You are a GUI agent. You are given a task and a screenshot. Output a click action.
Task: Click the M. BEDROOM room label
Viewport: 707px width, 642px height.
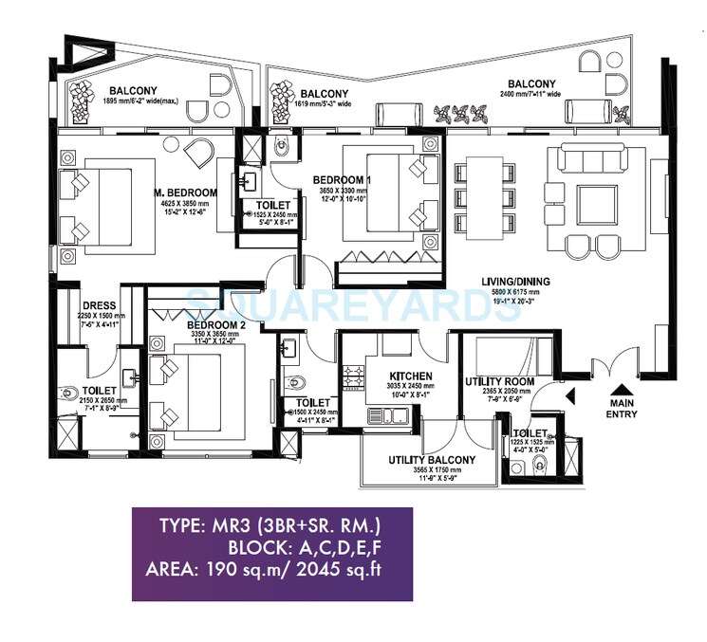pyautogui.click(x=186, y=193)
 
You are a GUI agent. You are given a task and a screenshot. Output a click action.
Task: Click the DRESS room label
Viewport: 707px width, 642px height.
pyautogui.click(x=100, y=305)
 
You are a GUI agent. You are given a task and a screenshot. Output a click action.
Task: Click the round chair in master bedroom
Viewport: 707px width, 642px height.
pyautogui.click(x=199, y=151)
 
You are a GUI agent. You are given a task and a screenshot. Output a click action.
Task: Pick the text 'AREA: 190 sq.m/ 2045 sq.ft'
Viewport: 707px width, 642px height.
pyautogui.click(x=271, y=571)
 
